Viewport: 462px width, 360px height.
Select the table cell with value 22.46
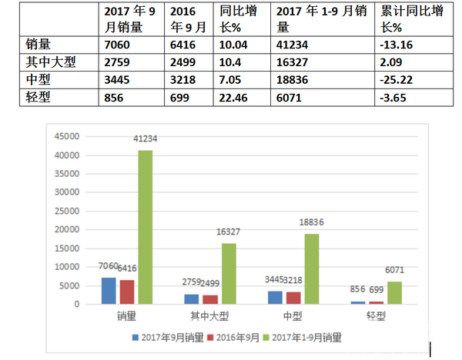coord(235,98)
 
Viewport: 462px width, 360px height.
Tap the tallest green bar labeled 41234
coord(145,227)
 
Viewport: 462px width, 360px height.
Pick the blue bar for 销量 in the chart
coord(109,291)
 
